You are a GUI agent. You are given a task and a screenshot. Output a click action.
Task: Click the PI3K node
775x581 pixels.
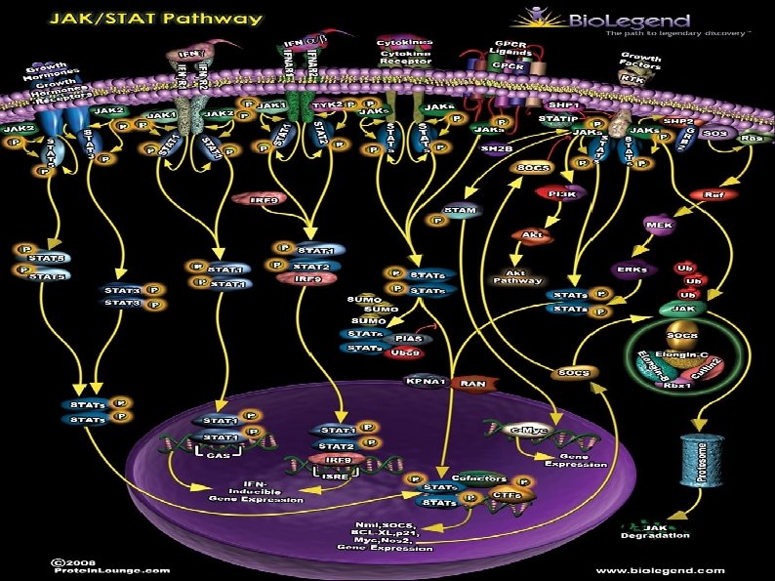[560, 194]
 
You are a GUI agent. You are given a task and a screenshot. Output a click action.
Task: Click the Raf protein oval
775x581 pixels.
[714, 194]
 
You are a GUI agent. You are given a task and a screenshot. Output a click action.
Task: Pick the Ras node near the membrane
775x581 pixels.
[752, 138]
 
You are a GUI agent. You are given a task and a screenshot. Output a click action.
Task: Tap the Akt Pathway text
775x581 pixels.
[517, 275]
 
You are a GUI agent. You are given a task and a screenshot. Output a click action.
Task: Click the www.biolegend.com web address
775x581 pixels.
[660, 570]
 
